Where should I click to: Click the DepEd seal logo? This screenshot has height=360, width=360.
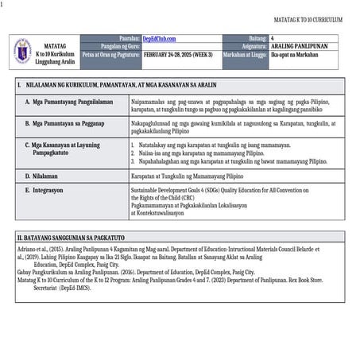pyautogui.click(x=22, y=49)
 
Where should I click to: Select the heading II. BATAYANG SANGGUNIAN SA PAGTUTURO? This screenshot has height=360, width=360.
pyautogui.click(x=79, y=237)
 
